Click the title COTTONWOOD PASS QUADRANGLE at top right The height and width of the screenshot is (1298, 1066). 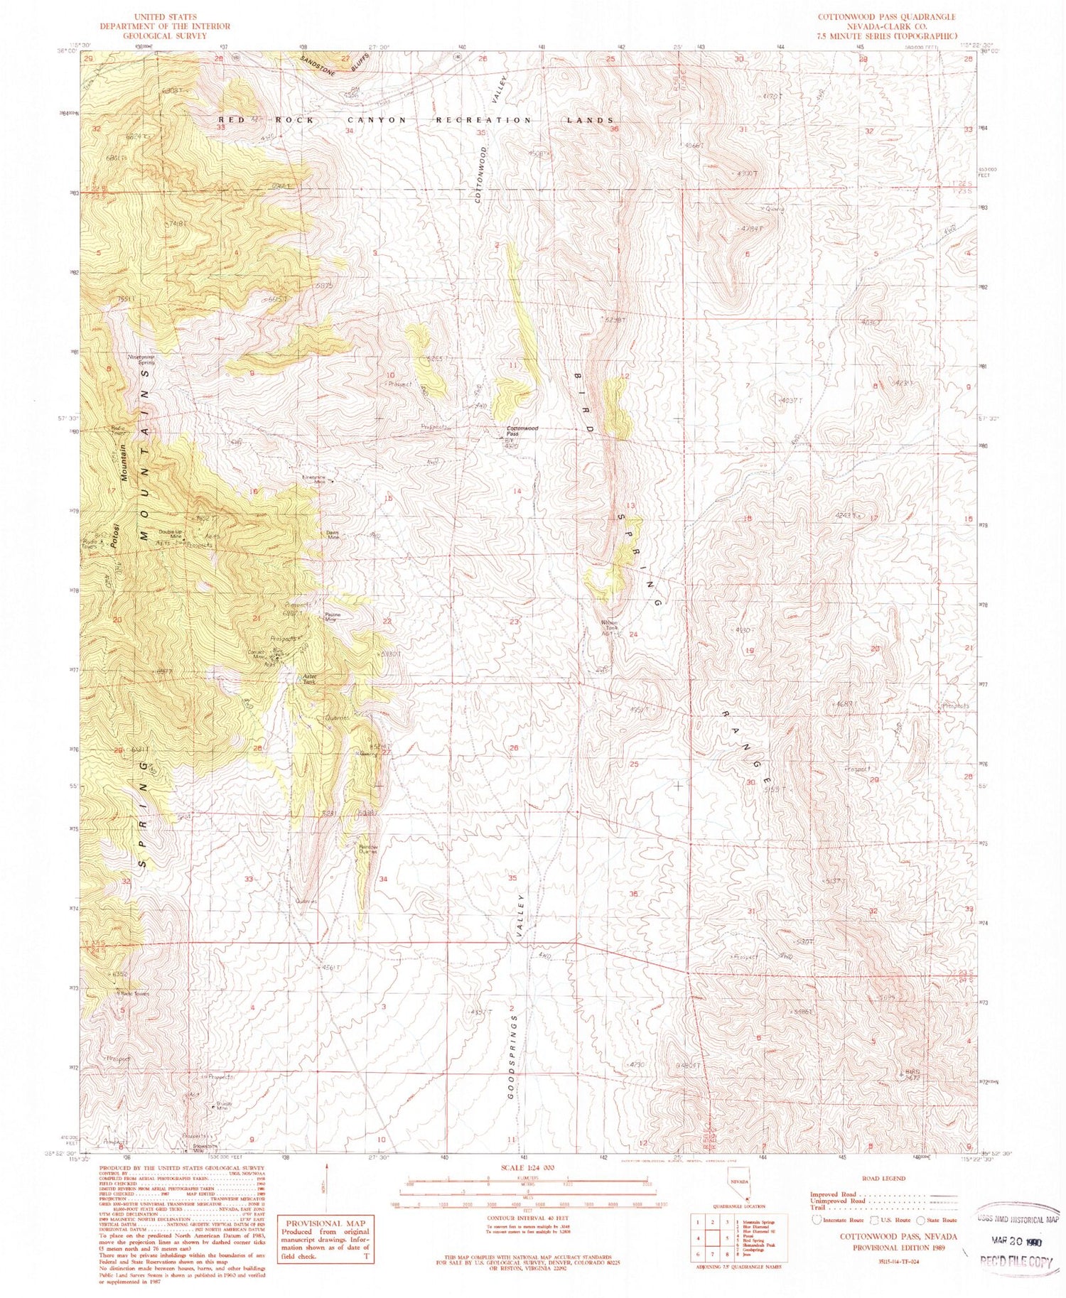[885, 16]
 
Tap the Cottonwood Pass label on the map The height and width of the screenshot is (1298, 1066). [522, 431]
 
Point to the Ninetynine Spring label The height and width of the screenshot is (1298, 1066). [141, 359]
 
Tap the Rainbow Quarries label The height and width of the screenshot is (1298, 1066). [367, 850]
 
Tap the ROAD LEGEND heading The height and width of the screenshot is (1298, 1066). [884, 1178]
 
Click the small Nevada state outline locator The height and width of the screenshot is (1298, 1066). [738, 1190]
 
